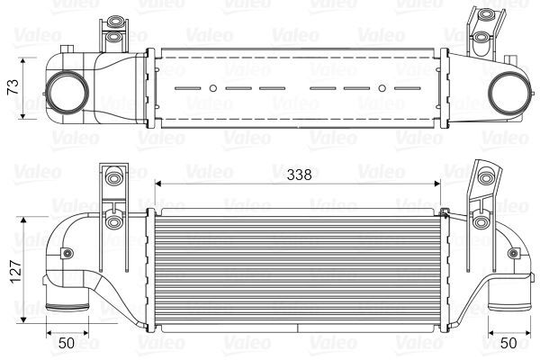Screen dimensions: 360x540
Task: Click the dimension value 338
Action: click(299, 176)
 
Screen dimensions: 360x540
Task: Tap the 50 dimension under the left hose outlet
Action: click(67, 341)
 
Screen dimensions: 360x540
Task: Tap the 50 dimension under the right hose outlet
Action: click(509, 341)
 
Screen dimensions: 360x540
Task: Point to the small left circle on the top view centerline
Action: click(213, 88)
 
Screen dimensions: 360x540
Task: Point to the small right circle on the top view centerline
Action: click(382, 88)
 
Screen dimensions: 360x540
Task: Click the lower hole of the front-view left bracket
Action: click(112, 222)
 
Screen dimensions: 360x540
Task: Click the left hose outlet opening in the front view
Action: click(67, 307)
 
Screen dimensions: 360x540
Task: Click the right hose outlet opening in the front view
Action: click(509, 307)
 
